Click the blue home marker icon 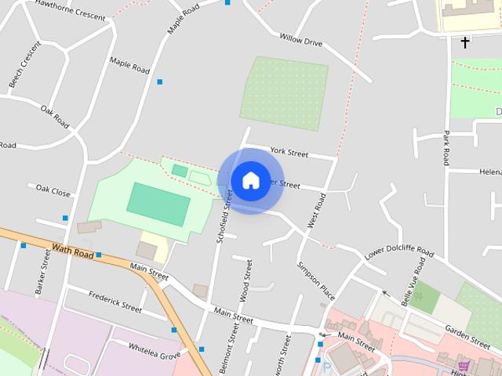click(x=250, y=180)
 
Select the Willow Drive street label click(x=301, y=39)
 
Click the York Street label click(x=289, y=151)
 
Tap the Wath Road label click(x=72, y=251)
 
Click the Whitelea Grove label click(x=155, y=349)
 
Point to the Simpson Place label click(x=315, y=281)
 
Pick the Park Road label click(x=446, y=147)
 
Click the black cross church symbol click(x=465, y=42)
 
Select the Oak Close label click(x=53, y=191)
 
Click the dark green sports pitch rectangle click(x=158, y=204)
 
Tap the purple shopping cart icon click(x=464, y=365)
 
